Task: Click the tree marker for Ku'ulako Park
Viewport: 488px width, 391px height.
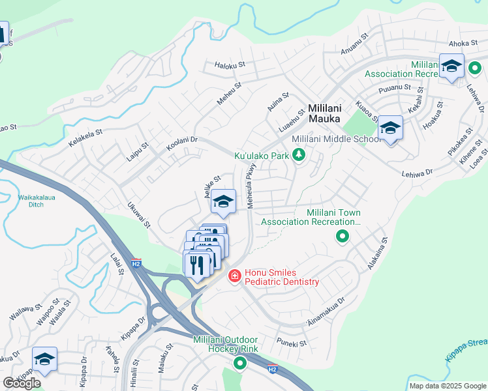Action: coord(299,155)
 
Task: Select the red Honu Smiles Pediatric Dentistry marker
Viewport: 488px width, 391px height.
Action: coord(234,277)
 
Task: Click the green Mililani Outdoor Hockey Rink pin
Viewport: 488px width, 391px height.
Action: coord(239,364)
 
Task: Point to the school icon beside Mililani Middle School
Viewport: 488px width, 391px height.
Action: coord(390,128)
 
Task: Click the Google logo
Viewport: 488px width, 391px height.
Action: coord(22,383)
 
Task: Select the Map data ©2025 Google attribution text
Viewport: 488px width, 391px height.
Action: coord(448,386)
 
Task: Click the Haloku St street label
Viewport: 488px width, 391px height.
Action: coord(230,65)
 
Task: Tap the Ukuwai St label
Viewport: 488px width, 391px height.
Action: coord(139,214)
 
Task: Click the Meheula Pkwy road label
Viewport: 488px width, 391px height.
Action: coord(250,184)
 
